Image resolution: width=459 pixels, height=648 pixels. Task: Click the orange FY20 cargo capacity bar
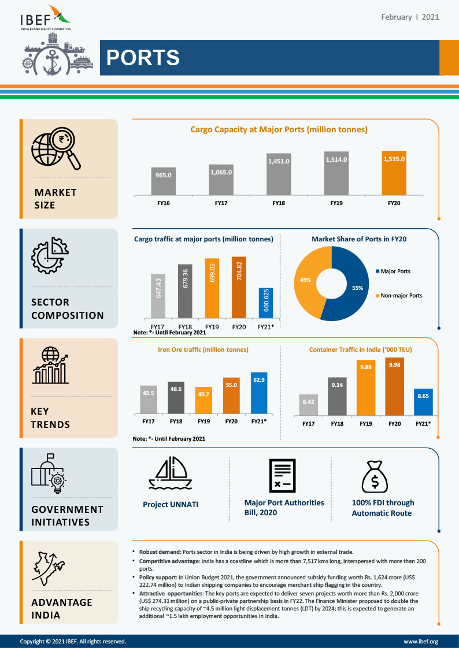click(x=394, y=173)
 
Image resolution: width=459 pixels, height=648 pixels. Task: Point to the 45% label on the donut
click(x=305, y=280)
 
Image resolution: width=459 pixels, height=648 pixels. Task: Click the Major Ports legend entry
click(x=396, y=271)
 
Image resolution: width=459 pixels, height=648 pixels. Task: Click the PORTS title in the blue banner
click(x=143, y=58)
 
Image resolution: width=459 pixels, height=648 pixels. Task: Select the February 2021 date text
click(x=410, y=17)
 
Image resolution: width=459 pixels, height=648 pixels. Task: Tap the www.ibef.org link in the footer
click(x=420, y=641)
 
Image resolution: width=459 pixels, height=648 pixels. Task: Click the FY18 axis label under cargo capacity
click(x=278, y=203)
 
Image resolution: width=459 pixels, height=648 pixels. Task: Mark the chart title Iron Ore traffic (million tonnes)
click(x=203, y=349)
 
